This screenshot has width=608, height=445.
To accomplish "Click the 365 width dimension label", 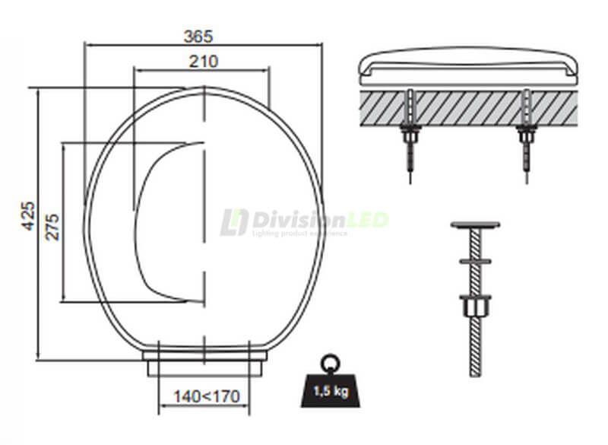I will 198,35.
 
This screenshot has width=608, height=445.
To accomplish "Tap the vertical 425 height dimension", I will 27,218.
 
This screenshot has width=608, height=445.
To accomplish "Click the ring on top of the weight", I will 328,363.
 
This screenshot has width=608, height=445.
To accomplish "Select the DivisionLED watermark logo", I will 304,221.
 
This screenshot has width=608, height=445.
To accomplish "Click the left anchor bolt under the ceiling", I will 410,137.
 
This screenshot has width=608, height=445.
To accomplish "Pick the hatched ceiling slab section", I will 467,107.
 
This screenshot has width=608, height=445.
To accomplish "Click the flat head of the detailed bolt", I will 476,225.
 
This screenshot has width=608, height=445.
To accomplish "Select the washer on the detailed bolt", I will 476,260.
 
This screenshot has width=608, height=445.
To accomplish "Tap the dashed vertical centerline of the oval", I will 204,228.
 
